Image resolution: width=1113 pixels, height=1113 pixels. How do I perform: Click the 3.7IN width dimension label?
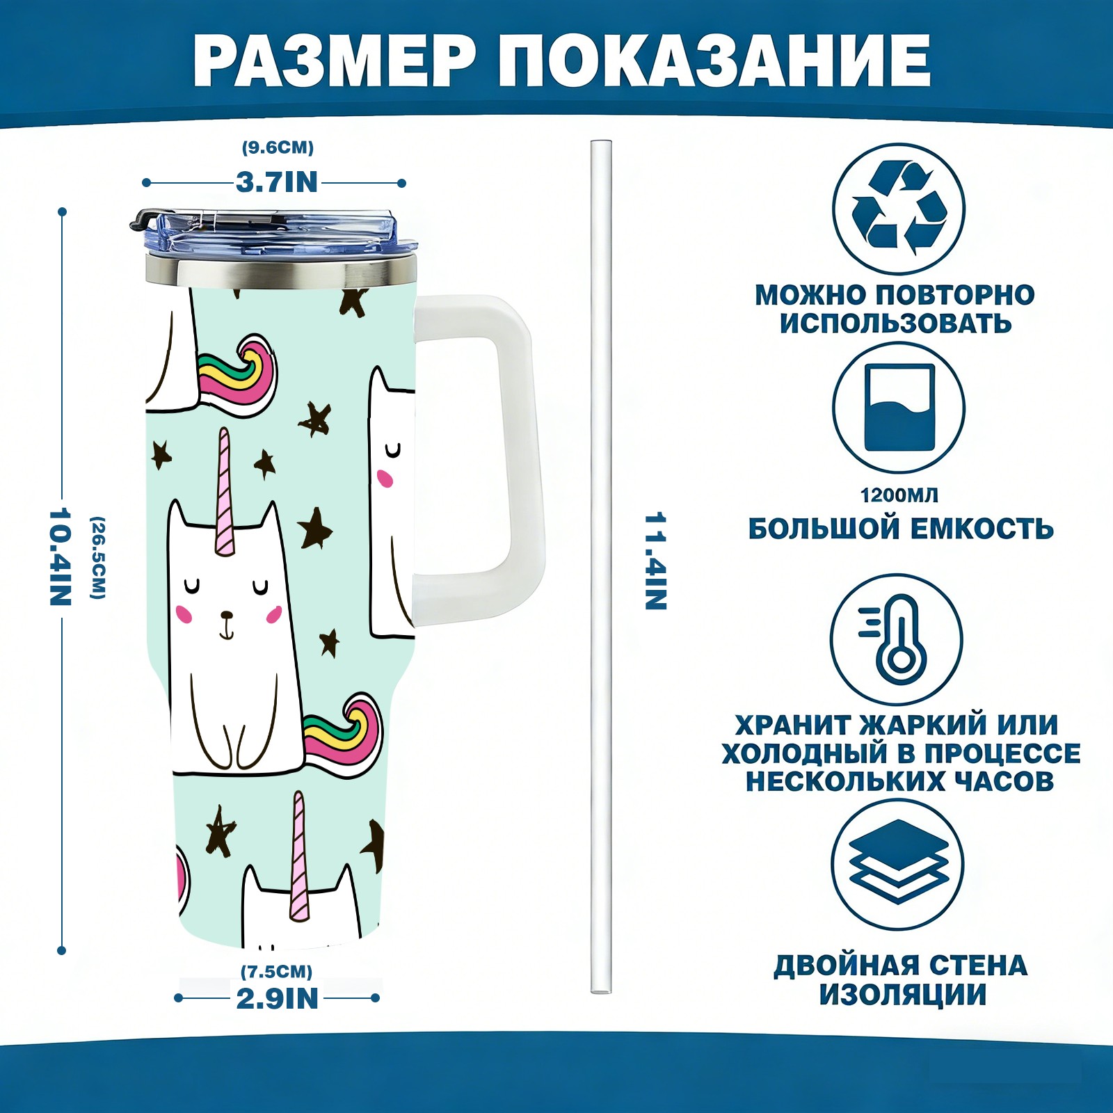[277, 182]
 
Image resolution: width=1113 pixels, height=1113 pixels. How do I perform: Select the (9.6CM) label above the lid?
[278, 147]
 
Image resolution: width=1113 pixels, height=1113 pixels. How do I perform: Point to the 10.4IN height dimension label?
[61, 556]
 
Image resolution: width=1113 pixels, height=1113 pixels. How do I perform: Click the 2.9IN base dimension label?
[278, 999]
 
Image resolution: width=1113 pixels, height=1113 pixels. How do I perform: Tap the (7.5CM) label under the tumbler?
[277, 971]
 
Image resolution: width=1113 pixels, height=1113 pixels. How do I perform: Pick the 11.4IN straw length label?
[655, 561]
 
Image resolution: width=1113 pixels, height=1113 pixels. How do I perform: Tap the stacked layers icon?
[899, 863]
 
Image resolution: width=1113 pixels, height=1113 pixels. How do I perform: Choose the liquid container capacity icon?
[899, 408]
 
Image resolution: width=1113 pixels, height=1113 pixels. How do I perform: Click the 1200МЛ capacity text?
[899, 495]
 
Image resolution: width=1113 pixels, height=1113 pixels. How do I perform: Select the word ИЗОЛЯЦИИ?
[902, 995]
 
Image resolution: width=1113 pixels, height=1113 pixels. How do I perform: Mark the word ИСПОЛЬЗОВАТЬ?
[895, 323]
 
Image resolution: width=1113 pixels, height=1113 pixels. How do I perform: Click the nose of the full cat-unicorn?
[226, 615]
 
